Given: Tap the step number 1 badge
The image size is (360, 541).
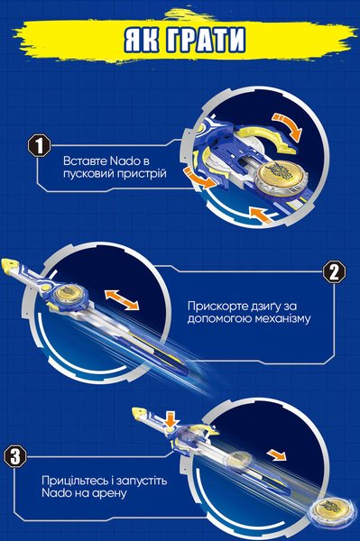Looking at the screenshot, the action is point(40,145).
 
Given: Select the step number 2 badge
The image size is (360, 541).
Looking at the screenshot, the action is point(334,273).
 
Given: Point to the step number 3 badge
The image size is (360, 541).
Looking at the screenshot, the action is point(15,456).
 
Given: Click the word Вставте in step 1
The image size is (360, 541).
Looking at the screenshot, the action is point(86,161).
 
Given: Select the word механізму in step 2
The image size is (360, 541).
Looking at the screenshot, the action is point(282,318).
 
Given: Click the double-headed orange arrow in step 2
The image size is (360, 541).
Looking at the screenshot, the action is point(122,299).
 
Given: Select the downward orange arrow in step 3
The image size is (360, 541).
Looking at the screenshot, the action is point(171,419).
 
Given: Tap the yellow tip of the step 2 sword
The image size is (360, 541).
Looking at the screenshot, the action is point(9,264).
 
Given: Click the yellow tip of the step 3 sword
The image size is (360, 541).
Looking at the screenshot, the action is point(140,412).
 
